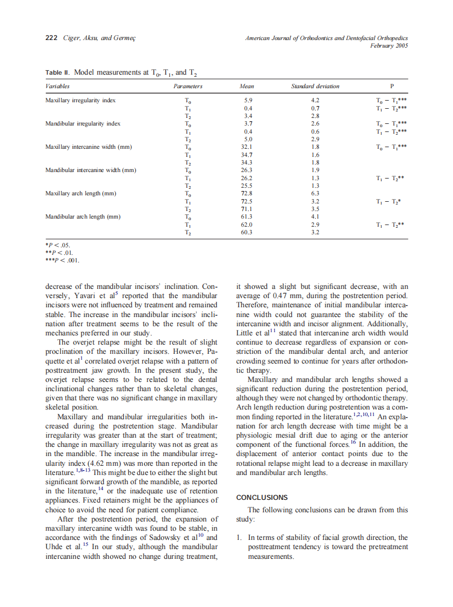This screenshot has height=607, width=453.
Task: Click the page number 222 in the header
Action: (50, 38)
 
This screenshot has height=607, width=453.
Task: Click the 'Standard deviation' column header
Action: (315, 86)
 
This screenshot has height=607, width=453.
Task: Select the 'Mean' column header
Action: (247, 86)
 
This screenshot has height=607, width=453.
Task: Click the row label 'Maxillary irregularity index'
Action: (81, 101)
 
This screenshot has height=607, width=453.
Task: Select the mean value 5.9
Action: (248, 101)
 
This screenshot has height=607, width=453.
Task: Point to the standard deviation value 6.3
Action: (316, 194)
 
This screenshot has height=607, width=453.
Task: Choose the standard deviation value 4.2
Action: (316, 101)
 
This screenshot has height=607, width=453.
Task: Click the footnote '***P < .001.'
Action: (63, 260)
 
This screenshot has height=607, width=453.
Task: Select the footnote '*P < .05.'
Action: (58, 245)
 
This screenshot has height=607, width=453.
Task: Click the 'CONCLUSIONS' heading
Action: (262, 497)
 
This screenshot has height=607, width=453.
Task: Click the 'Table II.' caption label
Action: (57, 72)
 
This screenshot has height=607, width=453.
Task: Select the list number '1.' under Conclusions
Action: (241, 538)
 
